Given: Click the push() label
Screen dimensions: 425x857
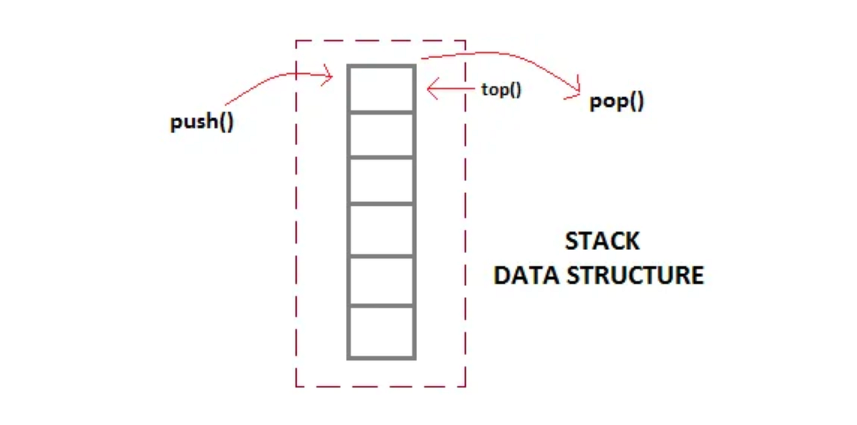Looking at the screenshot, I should (202, 122).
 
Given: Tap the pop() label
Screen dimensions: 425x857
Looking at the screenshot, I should (617, 102).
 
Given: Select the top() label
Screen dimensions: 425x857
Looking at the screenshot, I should (502, 90).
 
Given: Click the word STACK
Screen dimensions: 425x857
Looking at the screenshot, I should (602, 241).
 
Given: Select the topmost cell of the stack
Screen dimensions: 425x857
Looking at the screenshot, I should (381, 88).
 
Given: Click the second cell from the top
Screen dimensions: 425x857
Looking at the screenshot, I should (381, 135).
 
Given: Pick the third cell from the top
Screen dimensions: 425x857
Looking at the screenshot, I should (381, 181).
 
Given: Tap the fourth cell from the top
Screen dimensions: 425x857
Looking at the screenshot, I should (381, 229).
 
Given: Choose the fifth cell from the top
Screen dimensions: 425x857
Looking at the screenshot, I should (381, 281).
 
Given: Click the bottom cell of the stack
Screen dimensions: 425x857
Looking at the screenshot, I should (381, 332).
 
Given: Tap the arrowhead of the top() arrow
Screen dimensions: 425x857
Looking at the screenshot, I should (430, 89).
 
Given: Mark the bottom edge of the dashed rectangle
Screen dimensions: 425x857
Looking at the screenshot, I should (381, 386).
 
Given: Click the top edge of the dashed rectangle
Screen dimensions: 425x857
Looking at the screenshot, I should (381, 41).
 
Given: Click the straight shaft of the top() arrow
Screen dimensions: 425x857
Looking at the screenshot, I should (454, 89).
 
